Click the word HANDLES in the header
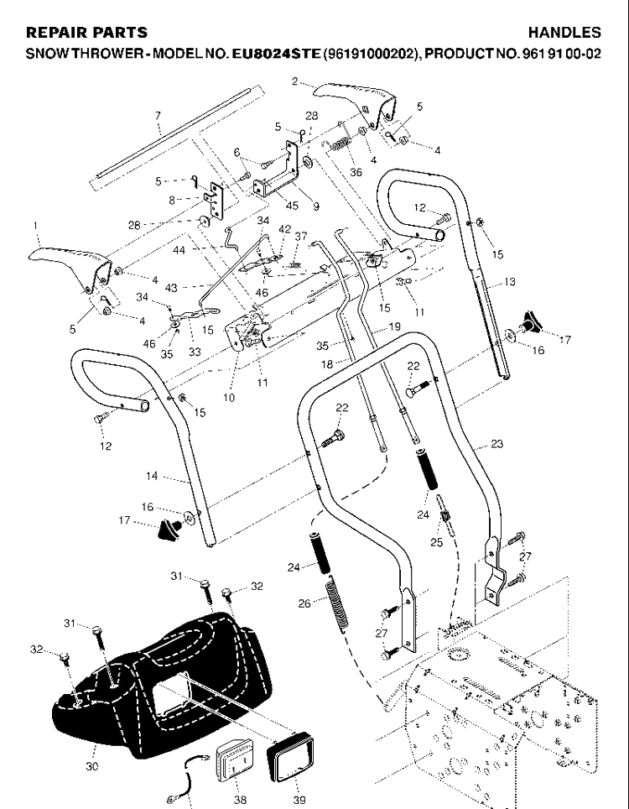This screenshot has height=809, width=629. [564, 33]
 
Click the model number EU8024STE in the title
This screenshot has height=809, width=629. [277, 54]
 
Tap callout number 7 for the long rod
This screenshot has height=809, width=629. [158, 116]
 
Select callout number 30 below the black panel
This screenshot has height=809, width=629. [91, 766]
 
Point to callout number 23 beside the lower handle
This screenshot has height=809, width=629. [496, 444]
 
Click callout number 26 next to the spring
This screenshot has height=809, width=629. [304, 603]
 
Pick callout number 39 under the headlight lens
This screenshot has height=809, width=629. [299, 800]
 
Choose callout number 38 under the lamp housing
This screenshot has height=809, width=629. [240, 800]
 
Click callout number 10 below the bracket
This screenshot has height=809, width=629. [229, 398]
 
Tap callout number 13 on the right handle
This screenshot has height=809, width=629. [509, 282]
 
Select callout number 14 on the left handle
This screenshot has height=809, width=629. [152, 476]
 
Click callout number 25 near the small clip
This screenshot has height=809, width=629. [436, 543]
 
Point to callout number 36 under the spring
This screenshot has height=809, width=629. [356, 172]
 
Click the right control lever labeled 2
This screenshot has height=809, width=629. [356, 101]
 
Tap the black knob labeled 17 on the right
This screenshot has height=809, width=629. [530, 322]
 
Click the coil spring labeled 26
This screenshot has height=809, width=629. [336, 603]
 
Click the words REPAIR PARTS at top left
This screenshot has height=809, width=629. [86, 33]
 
